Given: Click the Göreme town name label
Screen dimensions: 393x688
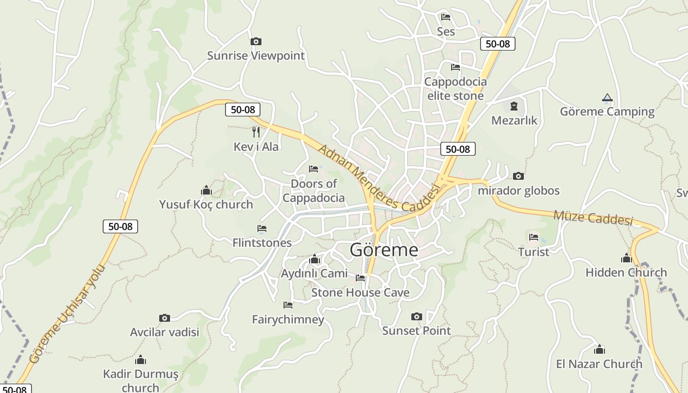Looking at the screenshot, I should point(384,250).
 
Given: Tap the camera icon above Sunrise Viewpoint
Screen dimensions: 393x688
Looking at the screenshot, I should point(256,42).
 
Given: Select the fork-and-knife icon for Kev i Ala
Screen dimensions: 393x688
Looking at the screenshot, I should point(256,132).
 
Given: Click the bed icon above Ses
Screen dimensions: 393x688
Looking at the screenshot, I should point(446,17).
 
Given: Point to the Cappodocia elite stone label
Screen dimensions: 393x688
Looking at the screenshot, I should point(456,89).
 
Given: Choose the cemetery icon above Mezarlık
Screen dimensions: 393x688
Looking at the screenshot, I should point(514,106).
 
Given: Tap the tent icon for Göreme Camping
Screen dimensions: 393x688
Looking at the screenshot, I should point(607,98).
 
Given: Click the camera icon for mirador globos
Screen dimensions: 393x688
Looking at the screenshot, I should point(518,176).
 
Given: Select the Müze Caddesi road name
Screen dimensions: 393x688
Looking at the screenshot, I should point(593,218).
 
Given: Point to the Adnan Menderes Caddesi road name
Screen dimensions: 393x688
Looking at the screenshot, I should point(377,179).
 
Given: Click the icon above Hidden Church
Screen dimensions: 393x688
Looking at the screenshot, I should point(626,258).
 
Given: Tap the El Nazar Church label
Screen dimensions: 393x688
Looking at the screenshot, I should point(599,364).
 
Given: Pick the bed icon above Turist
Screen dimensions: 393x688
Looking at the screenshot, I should point(534,238).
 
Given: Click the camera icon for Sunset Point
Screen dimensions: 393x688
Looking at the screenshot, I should point(416,317).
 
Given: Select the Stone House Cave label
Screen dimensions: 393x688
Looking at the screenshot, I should point(360,293).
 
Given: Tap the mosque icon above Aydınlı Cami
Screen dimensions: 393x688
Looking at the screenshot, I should point(315,259).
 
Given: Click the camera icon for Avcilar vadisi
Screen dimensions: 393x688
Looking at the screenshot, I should point(165,318).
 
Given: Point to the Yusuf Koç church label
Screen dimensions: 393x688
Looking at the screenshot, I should point(206,204).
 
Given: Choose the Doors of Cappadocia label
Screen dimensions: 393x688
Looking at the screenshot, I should point(314,191).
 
